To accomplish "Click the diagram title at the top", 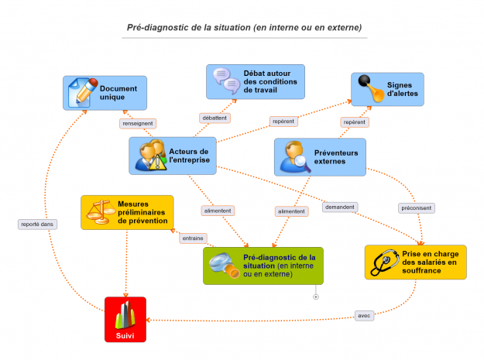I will (x=244, y=27).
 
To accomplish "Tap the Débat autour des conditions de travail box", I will (x=256, y=81).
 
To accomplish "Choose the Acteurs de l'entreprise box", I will (x=170, y=156).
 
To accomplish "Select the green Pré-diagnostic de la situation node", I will (x=263, y=266).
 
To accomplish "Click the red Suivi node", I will (x=125, y=319).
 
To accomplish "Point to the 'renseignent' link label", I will (x=138, y=123).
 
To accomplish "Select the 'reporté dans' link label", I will (x=37, y=225).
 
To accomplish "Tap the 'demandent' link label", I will (x=340, y=207).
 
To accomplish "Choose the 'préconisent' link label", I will (x=417, y=207).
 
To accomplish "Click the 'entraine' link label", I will (x=193, y=238).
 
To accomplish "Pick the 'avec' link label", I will (x=364, y=316).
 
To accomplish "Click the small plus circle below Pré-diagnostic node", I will (x=316, y=297).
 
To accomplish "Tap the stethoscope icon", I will (x=385, y=262).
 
